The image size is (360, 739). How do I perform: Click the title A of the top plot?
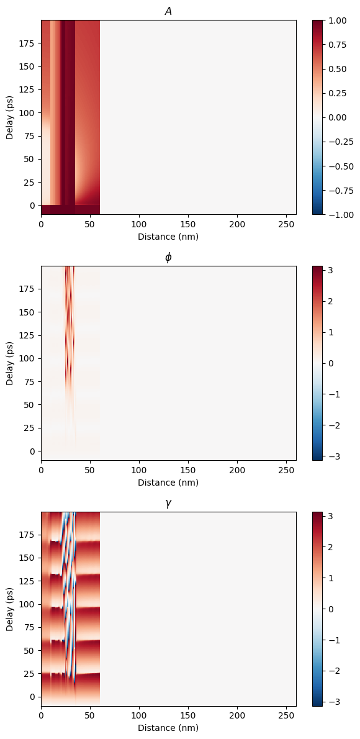[168, 11]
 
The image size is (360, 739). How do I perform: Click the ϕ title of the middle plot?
[168, 257]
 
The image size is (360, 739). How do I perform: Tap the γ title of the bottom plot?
[168, 504]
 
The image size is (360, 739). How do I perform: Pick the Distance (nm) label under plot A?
[168, 237]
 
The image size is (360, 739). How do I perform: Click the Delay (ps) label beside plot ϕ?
[10, 363]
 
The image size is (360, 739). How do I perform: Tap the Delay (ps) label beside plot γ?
[10, 609]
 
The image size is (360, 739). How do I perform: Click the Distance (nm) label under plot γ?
[168, 728]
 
